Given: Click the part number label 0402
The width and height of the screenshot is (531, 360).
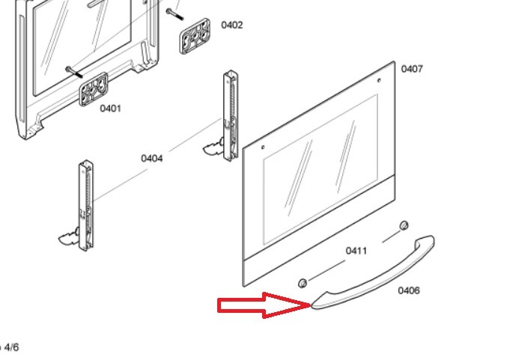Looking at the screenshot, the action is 232,25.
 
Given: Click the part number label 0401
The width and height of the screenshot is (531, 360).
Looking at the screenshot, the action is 110,109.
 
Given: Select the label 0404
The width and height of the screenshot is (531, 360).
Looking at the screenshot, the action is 152,159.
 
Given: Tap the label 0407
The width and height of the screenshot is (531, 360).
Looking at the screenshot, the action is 412,69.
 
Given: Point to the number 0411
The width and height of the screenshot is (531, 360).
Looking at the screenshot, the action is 356,251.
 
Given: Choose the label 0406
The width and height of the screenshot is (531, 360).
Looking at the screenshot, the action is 409,290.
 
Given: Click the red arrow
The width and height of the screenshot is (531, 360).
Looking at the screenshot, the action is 264,305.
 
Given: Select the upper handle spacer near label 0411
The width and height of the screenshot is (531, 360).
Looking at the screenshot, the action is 404,225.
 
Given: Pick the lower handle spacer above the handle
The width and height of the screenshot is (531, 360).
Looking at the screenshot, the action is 303,283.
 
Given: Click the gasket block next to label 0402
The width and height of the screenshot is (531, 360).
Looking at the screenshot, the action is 195,36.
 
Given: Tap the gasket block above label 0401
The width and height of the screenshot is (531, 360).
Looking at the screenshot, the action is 94,89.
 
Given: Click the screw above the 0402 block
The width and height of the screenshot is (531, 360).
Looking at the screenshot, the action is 175,14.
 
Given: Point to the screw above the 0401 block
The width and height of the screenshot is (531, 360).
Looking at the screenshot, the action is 74,72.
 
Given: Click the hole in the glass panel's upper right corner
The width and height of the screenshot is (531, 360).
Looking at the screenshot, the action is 379,81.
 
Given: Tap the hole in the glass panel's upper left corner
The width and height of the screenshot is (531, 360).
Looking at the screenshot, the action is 263,147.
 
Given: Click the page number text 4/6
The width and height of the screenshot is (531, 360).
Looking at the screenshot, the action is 11,347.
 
